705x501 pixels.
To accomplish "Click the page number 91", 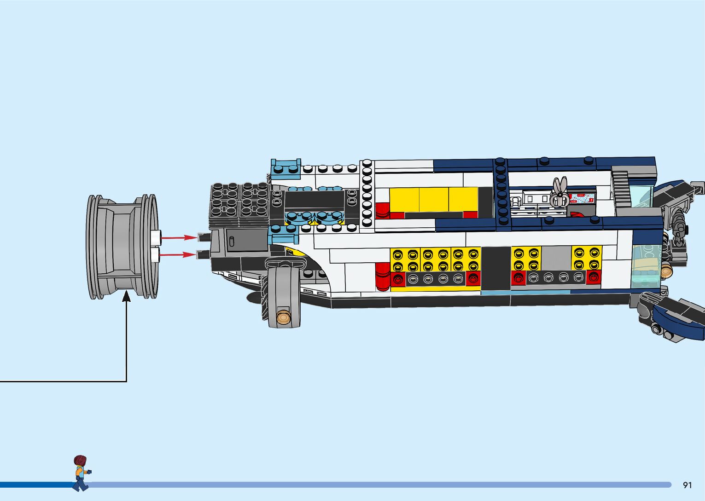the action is [x=688, y=485].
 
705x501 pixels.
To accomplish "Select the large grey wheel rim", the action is [x=122, y=247].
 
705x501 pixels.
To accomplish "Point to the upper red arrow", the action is [x=179, y=237].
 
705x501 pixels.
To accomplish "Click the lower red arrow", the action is [x=178, y=254].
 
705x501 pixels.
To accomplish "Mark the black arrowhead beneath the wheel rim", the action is [x=126, y=296].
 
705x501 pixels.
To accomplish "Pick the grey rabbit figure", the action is [x=559, y=192].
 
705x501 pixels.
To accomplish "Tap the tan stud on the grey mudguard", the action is [x=283, y=317].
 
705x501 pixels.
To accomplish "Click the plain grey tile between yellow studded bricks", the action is [x=556, y=258].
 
